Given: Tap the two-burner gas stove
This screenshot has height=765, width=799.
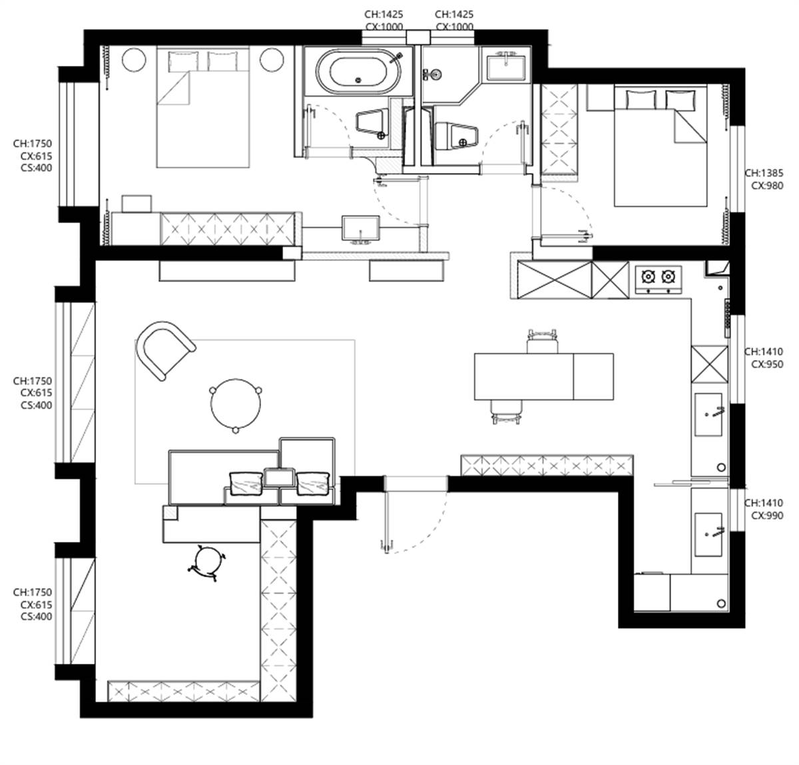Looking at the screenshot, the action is tap(659, 280).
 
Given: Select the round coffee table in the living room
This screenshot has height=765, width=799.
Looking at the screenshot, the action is tap(235, 405).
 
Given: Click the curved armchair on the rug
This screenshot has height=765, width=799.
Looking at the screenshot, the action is tap(164, 349).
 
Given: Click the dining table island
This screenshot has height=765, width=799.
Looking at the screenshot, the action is tap(543, 376).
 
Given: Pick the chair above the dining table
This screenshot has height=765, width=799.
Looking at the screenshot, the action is tap(543, 340).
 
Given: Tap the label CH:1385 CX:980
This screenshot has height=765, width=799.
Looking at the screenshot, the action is tap(764, 179).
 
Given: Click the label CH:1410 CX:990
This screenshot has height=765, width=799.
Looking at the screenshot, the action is tap(764, 509).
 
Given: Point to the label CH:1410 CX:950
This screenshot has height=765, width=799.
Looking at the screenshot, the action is tap(764, 358).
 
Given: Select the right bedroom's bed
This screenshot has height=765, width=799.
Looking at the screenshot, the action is tap(661, 146).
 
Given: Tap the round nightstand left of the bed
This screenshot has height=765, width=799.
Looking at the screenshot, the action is tap(134, 60).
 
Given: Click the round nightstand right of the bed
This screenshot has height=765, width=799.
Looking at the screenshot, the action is tap(272, 60).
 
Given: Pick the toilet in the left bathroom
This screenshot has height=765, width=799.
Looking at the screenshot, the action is tap(372, 123).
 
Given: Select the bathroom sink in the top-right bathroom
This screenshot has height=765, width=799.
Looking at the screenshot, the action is tap(506, 67).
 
